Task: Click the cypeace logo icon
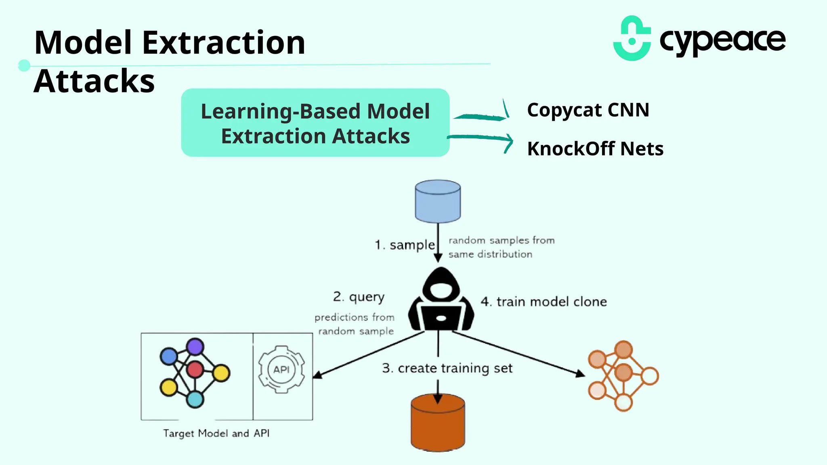(632, 39)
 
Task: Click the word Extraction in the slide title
(224, 43)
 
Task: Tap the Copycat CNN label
(588, 110)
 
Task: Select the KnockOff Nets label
(595, 149)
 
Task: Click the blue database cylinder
(438, 201)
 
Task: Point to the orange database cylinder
(438, 424)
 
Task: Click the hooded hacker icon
(441, 301)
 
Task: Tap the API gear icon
(281, 369)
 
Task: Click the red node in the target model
(195, 369)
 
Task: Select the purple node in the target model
(195, 347)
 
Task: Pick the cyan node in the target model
(195, 399)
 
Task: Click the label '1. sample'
(405, 245)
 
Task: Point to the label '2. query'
(359, 297)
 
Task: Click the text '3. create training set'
(447, 368)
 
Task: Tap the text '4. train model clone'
(544, 302)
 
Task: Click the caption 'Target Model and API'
(216, 433)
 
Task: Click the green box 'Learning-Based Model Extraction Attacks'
(315, 123)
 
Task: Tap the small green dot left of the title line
(24, 65)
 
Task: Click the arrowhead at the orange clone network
(580, 374)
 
